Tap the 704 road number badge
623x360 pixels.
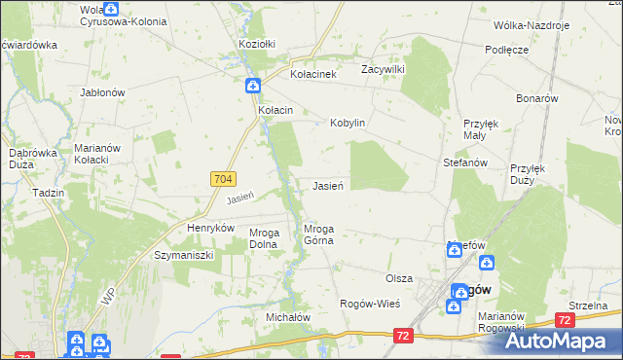221,179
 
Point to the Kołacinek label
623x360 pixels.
313,74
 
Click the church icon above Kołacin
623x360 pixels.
252,86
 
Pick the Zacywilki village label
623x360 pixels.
382,69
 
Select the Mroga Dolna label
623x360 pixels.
265,238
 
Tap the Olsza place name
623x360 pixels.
399,277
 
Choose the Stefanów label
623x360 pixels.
464,162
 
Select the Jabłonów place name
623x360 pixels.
102,92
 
